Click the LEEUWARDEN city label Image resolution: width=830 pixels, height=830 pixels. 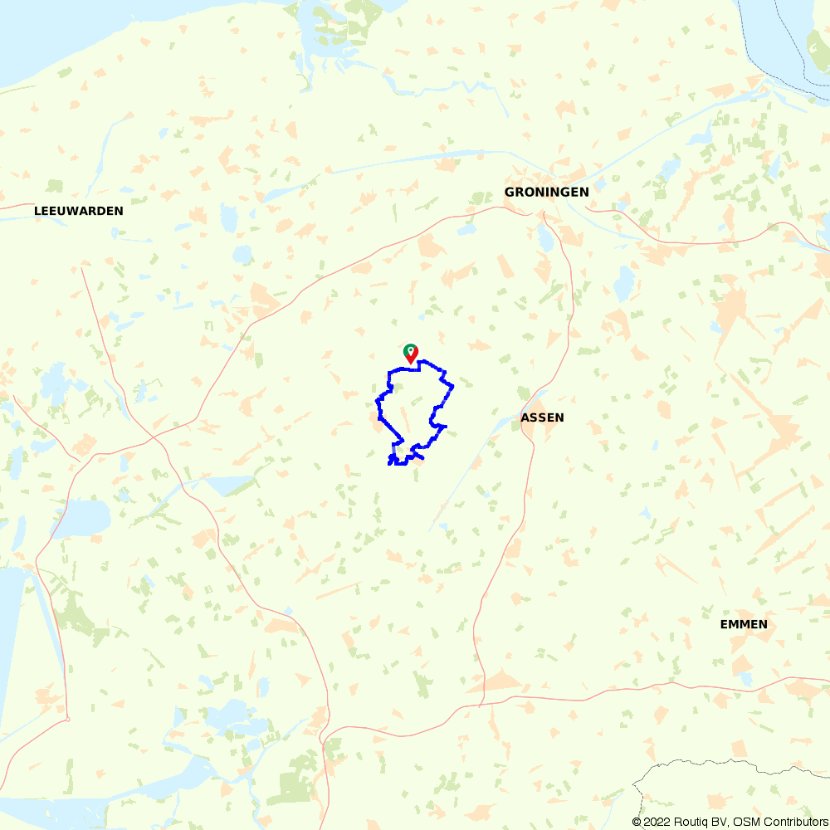(x=78, y=211)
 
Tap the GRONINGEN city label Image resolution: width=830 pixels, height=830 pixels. (x=546, y=192)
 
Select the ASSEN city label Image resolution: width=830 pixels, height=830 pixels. (x=542, y=417)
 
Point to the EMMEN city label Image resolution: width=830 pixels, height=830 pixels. (x=743, y=624)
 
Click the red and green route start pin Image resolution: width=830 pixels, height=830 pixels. (x=410, y=354)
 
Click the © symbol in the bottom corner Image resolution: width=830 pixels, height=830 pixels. (x=637, y=822)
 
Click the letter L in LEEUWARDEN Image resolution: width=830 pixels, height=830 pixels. (x=37, y=211)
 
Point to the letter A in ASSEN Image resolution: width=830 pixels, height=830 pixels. (x=525, y=417)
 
